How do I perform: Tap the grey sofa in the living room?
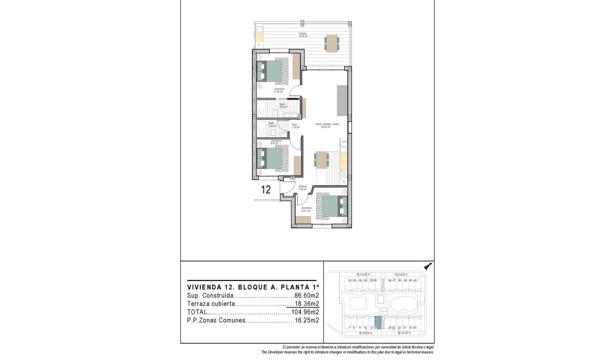tap(342, 100)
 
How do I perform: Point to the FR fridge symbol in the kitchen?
tap(343, 142)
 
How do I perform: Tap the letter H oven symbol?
tap(343, 182)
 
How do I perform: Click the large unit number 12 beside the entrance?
tap(266, 189)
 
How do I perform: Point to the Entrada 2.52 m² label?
tap(302, 188)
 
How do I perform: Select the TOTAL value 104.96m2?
tap(305, 312)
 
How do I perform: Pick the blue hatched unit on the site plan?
tap(379, 322)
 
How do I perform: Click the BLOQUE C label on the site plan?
tap(401, 275)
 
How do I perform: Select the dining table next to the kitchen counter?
tap(322, 159)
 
